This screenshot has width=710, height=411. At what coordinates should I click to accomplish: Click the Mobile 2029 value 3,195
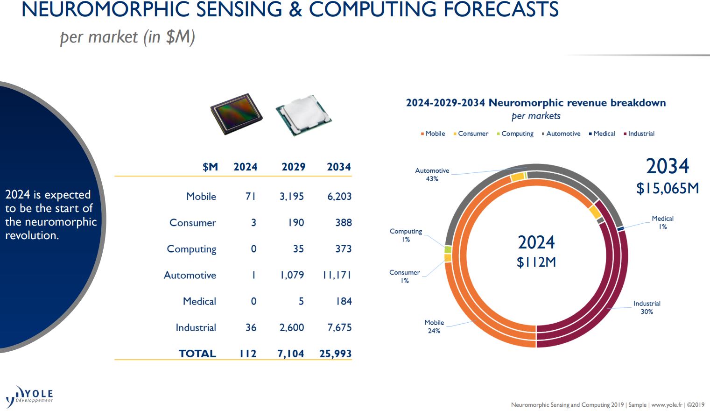(291, 197)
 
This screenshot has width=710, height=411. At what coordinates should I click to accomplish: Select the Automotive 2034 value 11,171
(337, 275)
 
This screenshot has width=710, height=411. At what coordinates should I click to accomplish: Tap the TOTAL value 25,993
(335, 354)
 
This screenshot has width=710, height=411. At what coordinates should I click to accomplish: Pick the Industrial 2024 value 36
(251, 328)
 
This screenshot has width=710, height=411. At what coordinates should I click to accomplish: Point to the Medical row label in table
(199, 302)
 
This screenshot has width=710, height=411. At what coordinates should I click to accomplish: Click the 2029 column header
(293, 167)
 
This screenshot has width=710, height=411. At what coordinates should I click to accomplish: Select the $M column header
(210, 167)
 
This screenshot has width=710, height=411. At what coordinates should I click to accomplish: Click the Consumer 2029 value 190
(295, 223)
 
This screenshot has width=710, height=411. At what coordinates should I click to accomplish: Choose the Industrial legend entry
(640, 134)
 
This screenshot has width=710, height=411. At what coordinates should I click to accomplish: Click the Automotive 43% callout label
(432, 175)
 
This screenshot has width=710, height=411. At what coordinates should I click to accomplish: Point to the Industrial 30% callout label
(647, 307)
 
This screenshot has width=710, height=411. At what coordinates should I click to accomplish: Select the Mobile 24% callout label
(434, 326)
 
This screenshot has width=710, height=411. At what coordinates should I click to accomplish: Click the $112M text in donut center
(536, 262)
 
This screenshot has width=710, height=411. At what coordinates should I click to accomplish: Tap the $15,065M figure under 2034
(668, 188)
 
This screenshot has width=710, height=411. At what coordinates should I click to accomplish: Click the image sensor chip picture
(236, 114)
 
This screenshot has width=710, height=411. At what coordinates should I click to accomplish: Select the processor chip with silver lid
(303, 115)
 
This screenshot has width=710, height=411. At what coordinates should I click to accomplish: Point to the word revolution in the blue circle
(32, 235)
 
